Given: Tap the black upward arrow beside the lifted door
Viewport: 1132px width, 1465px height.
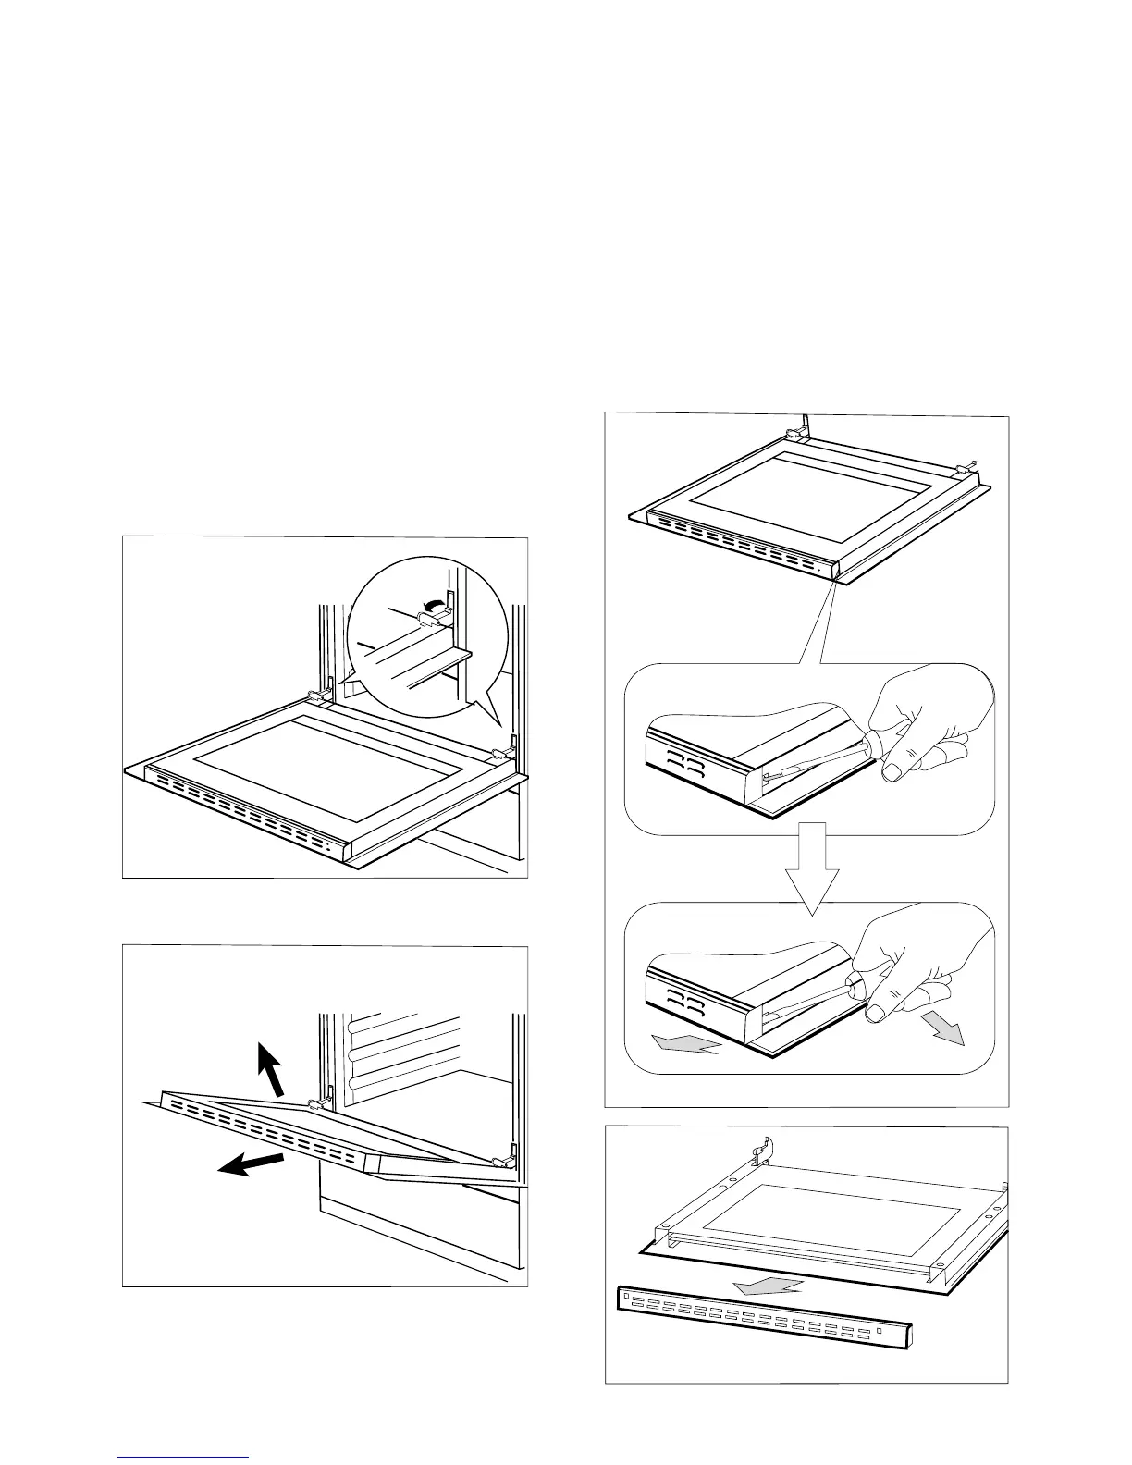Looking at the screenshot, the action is [271, 1067].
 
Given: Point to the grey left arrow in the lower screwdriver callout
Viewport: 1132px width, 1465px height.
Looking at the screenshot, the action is [684, 1044].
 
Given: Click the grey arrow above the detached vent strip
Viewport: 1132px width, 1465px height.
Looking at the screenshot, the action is [777, 1283].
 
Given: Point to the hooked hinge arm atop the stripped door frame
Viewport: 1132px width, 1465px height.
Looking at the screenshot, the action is [761, 1150].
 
